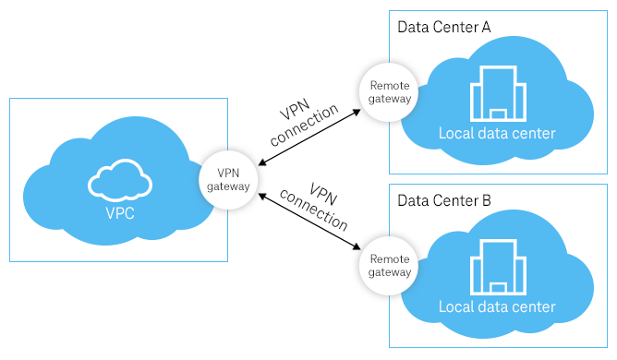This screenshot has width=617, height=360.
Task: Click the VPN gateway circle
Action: pos(227,178)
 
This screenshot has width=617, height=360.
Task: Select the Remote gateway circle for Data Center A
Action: pos(387,90)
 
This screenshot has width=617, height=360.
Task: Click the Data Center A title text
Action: pos(443,26)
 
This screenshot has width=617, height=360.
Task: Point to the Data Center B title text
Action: pos(443,199)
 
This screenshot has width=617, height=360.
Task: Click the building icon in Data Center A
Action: pos(498,92)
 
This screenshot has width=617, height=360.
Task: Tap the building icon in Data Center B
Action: pos(498,267)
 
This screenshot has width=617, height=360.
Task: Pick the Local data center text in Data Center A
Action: pos(497,134)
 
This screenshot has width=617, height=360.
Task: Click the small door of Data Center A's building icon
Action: pos(498,114)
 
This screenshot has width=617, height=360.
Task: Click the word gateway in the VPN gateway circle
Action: pos(227,186)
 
